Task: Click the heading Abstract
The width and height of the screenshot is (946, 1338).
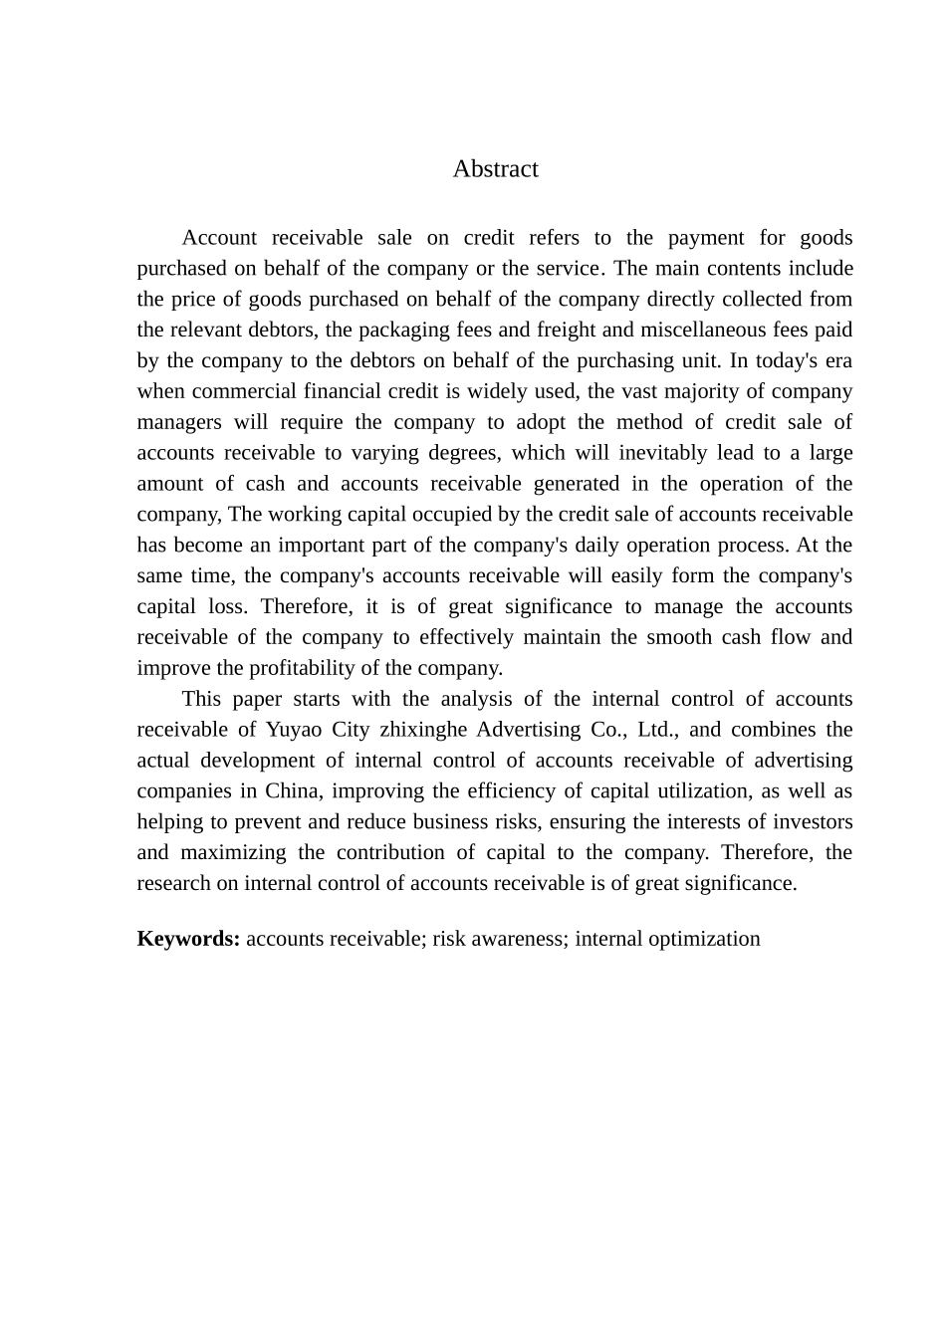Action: [x=495, y=169]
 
